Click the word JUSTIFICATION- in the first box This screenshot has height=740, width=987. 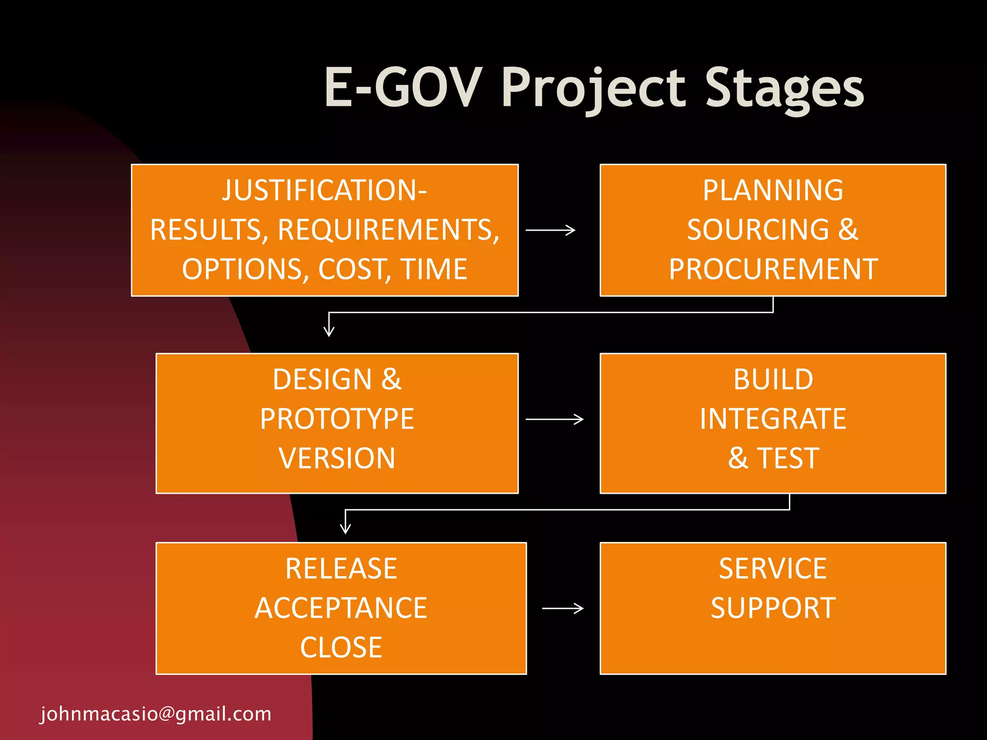pos(324,190)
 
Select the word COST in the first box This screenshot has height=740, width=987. pos(354,269)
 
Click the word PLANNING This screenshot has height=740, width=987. pos(773,190)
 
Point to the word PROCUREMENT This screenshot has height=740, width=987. pos(773,269)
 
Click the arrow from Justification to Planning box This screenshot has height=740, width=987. pos(550,230)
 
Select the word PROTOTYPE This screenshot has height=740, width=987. pos(337,419)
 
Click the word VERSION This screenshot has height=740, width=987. pos(337,458)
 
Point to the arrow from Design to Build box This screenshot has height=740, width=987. pos(554,419)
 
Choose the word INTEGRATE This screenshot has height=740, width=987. pos(773,419)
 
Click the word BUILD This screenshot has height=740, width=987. pos(773,380)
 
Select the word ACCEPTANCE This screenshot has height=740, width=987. pos(341,608)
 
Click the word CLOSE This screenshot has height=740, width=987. pos(341,647)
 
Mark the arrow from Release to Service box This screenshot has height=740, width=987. pos(562,608)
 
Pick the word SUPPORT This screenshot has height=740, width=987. pos(773,608)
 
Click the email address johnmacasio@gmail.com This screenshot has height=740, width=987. pos(156,714)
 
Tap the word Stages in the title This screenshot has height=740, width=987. pos(784,88)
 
